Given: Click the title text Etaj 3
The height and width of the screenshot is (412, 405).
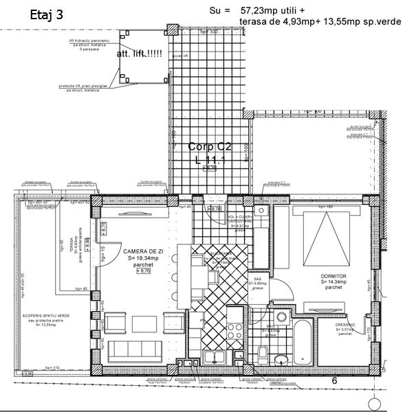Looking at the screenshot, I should coord(47,16).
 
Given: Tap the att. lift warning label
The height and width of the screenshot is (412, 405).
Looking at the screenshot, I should coord(140,54).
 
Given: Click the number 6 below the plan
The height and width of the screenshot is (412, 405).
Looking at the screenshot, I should coord(333,380).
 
